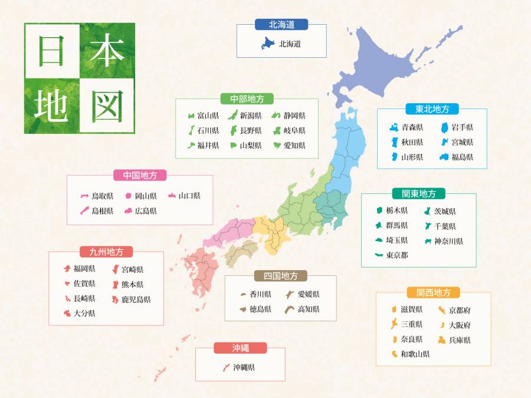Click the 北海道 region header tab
[x=281, y=24]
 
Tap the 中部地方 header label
[x=247, y=98]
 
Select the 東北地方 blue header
[x=432, y=109]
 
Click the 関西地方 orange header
[x=433, y=292]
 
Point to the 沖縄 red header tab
[x=240, y=348]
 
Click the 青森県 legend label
[x=412, y=127]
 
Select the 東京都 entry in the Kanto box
[x=397, y=255]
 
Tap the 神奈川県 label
[x=448, y=241]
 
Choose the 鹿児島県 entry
[x=136, y=300]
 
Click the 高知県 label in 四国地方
[x=308, y=309]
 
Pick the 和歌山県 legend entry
[x=415, y=354]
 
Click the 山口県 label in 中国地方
[x=189, y=196]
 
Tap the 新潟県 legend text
[x=251, y=116]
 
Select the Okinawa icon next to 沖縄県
[x=225, y=367]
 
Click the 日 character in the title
[x=52, y=51]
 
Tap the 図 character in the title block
[x=107, y=106]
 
